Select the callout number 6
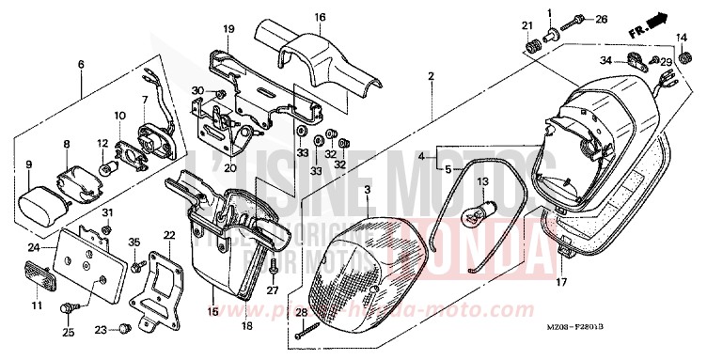81,64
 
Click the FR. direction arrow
652,20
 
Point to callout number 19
228,29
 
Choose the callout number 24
34,248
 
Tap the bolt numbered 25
68,307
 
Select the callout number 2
431,76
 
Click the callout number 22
169,234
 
